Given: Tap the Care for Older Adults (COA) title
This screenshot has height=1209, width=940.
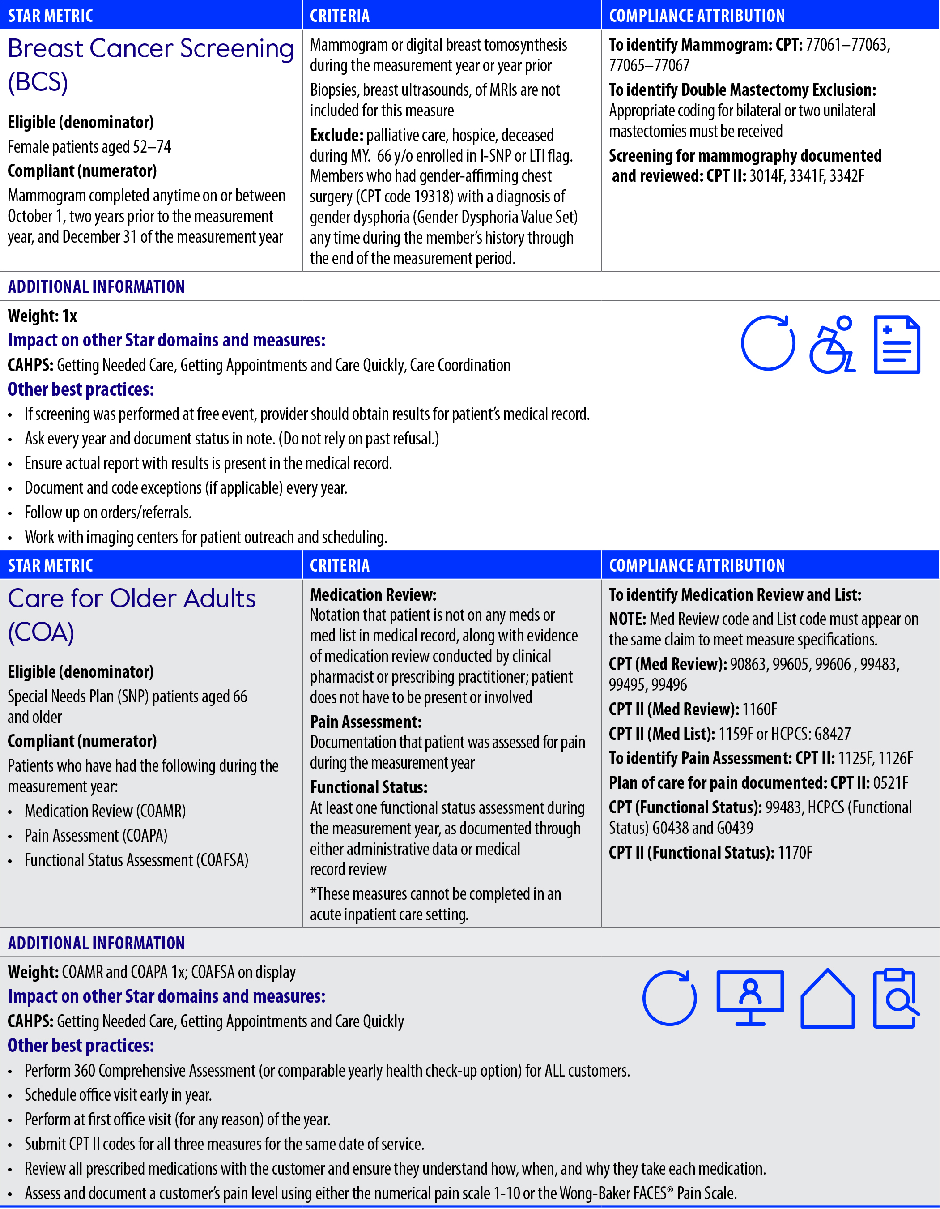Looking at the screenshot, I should [131, 615].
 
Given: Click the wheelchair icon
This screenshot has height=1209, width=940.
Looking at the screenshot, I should [832, 344].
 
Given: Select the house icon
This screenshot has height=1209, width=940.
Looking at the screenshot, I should [827, 999].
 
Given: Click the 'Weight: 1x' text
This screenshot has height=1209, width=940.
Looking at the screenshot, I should [42, 316].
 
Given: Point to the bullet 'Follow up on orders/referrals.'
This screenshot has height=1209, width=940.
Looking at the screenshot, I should [108, 513].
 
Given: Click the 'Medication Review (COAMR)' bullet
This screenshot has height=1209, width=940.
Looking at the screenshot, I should [105, 811].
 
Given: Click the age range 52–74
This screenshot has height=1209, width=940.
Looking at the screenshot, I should [152, 147].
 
